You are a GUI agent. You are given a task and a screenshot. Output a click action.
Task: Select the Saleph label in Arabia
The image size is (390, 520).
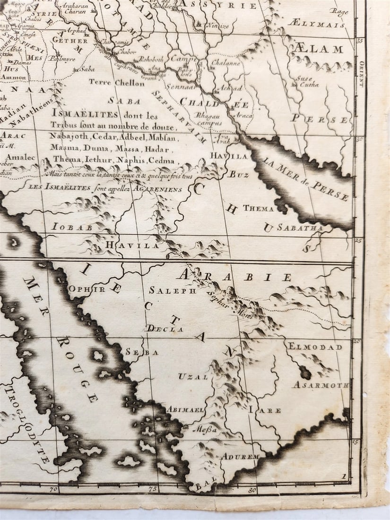pos(173,291)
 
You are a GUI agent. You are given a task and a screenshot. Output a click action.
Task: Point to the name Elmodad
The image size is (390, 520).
pos(315,347)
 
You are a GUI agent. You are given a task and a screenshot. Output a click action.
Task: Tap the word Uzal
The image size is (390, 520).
pos(193,377)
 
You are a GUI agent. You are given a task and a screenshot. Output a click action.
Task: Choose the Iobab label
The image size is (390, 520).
pos(72,227)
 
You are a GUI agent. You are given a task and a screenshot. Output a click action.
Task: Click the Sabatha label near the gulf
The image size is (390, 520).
pos(300,228)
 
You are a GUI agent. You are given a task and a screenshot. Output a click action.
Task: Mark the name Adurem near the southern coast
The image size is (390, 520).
pos(241,457)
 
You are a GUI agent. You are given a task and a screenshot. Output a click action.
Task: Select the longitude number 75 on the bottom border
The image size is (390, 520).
pos(153,490)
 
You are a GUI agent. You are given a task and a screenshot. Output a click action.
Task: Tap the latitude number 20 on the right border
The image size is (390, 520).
pos(358,341)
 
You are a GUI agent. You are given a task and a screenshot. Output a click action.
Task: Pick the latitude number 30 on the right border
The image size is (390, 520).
pos(359,139)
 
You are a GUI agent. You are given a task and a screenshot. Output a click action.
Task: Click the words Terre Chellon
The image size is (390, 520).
pos(117,83)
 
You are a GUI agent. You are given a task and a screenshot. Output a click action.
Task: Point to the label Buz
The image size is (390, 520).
pos(239,174)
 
